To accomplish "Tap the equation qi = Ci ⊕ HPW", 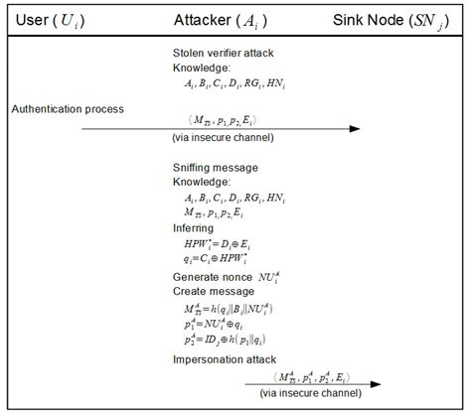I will pyautogui.click(x=217, y=258).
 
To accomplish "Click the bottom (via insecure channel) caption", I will pyautogui.click(x=315, y=394).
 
